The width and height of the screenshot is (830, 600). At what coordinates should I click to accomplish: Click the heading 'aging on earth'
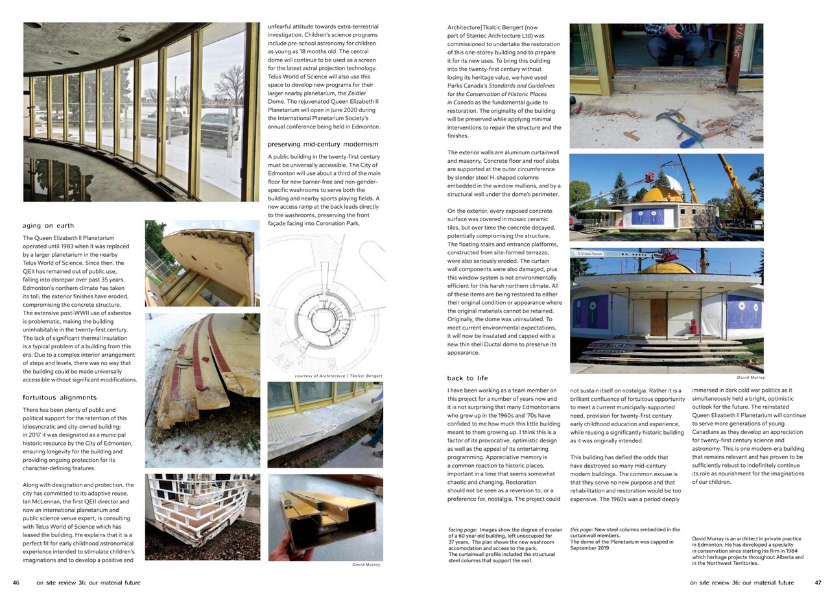49,226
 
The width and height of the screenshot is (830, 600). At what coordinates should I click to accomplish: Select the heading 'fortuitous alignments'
60,398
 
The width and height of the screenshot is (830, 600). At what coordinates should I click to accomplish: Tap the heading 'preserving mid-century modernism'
314,144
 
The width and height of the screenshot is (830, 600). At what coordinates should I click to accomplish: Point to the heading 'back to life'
468,378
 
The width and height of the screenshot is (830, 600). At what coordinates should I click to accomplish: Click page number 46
16,582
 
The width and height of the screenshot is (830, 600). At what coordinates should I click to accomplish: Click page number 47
818,582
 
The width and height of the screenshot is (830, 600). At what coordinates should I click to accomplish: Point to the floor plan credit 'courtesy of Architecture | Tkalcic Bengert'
338,376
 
